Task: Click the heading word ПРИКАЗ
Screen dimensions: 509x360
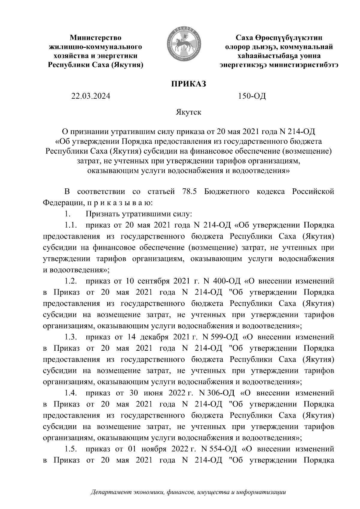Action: coord(188,84)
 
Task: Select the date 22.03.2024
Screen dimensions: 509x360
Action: coord(91,96)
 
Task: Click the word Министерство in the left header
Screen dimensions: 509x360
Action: coord(96,38)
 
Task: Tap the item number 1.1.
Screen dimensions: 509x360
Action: coord(71,225)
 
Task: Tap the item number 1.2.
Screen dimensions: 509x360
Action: coord(71,281)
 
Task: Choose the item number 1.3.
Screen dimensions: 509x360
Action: coord(71,337)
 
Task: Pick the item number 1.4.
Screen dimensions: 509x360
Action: coord(71,393)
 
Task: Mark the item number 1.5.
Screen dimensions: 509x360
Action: coord(71,449)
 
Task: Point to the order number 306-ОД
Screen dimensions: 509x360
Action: coord(222,393)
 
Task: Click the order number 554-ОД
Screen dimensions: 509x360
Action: coord(223,449)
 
